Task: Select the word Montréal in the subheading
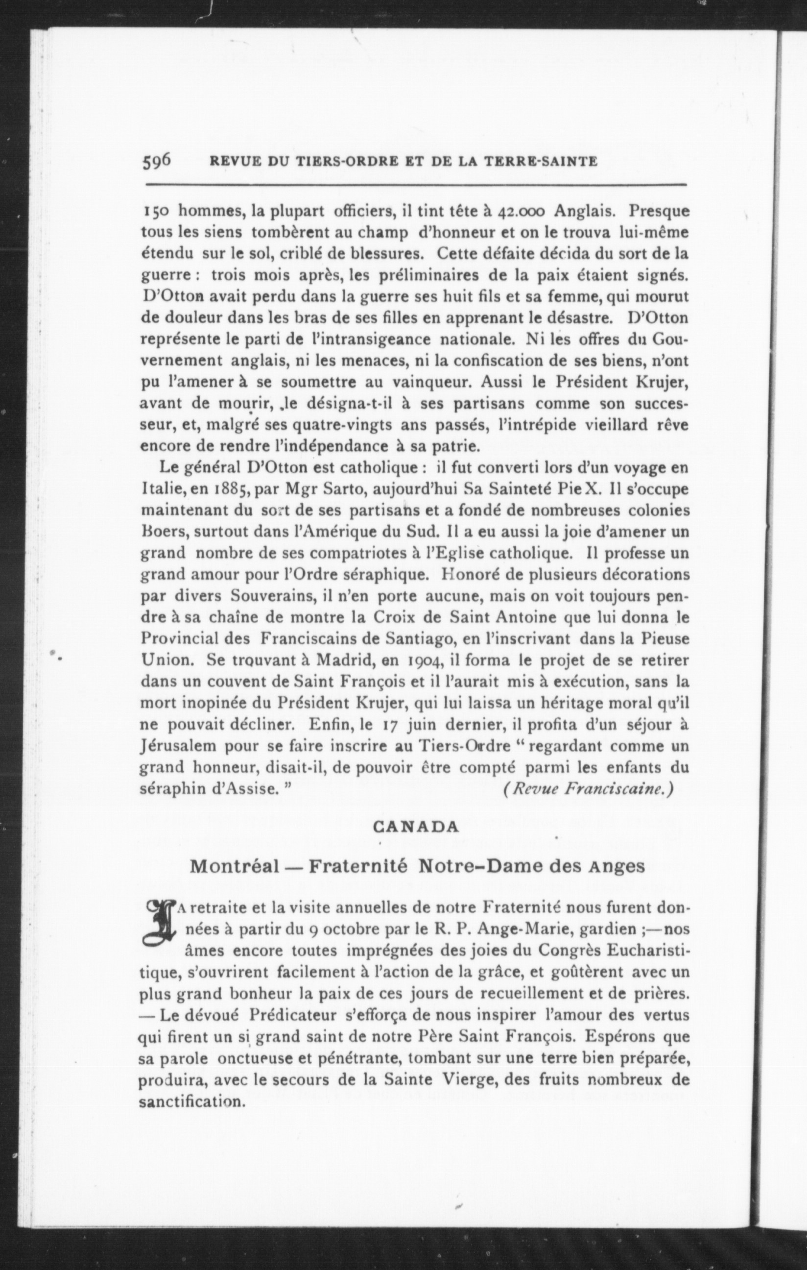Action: tap(234, 867)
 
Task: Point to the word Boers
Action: tap(161, 532)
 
